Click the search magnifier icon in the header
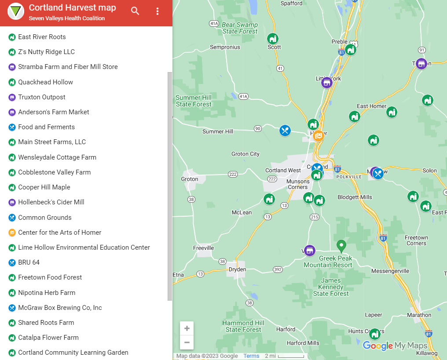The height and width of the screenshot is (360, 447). (135, 11)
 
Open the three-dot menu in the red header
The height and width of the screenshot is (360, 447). (158, 11)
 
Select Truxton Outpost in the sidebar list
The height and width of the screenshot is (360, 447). (42, 97)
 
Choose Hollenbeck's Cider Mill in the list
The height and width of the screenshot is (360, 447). (51, 202)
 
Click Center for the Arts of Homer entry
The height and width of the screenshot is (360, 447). (59, 233)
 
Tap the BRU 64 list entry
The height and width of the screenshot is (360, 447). (29, 262)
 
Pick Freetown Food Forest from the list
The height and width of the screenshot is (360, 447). (50, 277)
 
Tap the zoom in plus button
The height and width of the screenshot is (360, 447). (187, 328)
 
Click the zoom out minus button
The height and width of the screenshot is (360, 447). (187, 342)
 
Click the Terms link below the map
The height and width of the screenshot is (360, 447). (251, 356)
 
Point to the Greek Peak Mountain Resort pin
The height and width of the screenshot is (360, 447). (341, 246)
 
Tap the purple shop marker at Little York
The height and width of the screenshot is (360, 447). (326, 83)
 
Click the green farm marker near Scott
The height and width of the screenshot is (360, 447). (273, 38)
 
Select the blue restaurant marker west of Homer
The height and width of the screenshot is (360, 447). (285, 131)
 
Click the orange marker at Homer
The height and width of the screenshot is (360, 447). (318, 135)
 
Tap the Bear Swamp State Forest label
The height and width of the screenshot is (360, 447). (240, 28)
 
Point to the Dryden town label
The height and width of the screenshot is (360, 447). (238, 269)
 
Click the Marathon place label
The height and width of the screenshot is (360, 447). (419, 315)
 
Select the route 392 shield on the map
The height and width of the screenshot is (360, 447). (278, 269)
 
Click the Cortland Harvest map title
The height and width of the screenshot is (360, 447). (72, 8)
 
